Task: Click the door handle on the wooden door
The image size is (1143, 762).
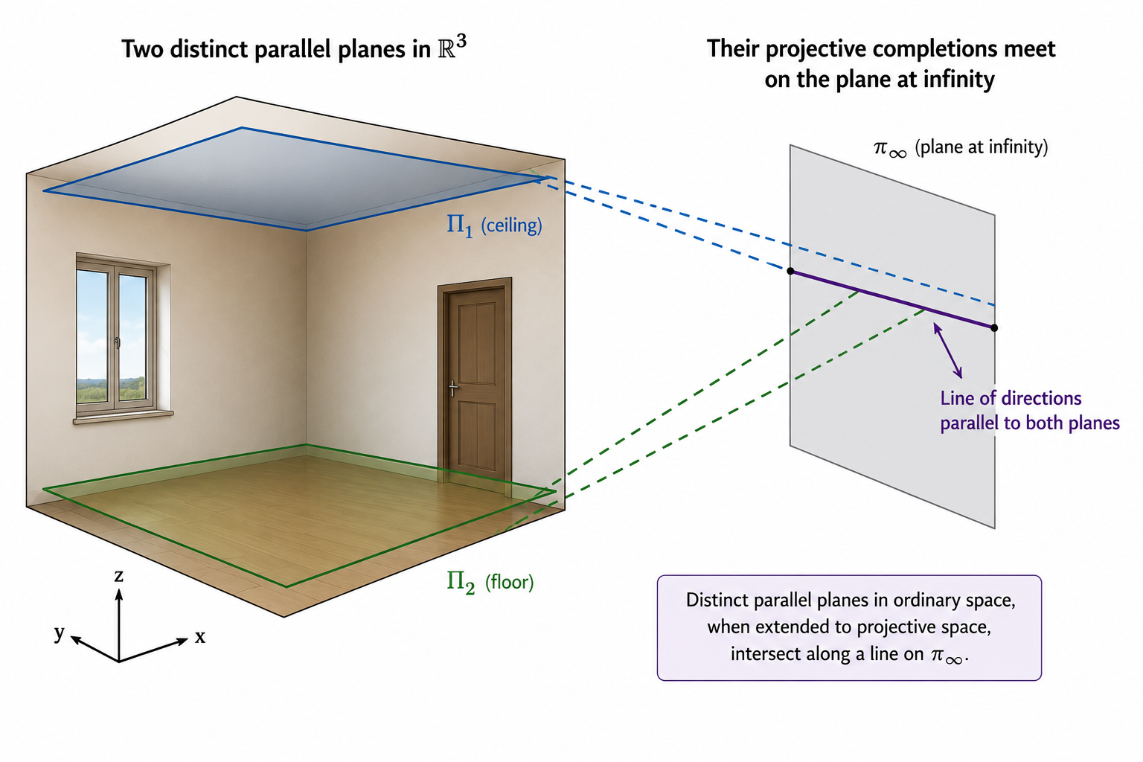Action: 453,388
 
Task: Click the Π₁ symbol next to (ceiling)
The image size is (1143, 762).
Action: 460,225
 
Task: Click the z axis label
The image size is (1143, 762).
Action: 119,576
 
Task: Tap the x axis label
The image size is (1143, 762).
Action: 200,637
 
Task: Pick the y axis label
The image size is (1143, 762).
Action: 60,633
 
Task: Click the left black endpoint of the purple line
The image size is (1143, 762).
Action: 790,271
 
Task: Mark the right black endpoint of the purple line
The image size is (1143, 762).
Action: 994,327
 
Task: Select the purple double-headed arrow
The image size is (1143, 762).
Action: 947,350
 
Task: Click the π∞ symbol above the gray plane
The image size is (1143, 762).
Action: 890,149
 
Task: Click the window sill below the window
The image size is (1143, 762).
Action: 124,417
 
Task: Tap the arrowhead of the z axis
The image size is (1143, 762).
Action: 119,594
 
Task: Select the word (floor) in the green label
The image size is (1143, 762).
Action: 509,582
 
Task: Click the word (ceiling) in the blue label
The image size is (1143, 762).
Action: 511,225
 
